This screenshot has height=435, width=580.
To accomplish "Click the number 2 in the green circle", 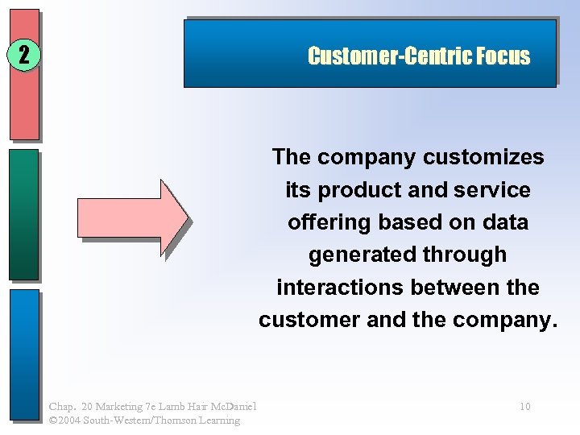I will pos(23,56).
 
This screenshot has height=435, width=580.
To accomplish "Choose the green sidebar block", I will pos(24,213).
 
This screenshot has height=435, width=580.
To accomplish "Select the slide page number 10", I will pos(524,407).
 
